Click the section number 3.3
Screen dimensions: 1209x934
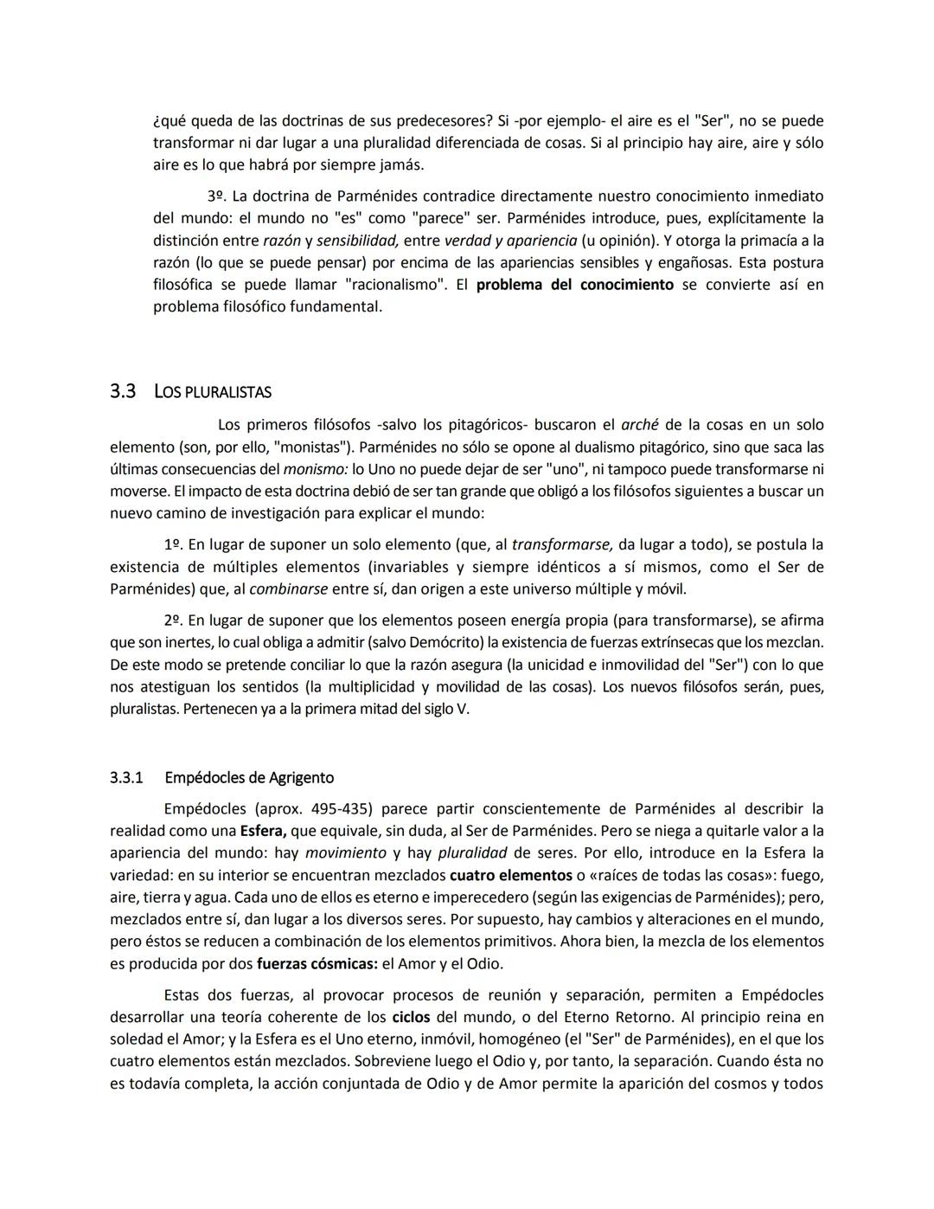[123, 391]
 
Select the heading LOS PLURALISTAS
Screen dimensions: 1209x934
[212, 392]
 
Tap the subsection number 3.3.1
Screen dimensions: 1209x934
[126, 777]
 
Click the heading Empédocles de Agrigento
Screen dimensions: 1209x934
[249, 777]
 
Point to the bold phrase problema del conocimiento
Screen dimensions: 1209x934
[574, 285]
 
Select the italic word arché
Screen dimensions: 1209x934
[639, 425]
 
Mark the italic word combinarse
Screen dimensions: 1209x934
[288, 589]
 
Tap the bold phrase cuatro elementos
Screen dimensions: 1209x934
[511, 875]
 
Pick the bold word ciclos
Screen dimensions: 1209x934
[411, 1017]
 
